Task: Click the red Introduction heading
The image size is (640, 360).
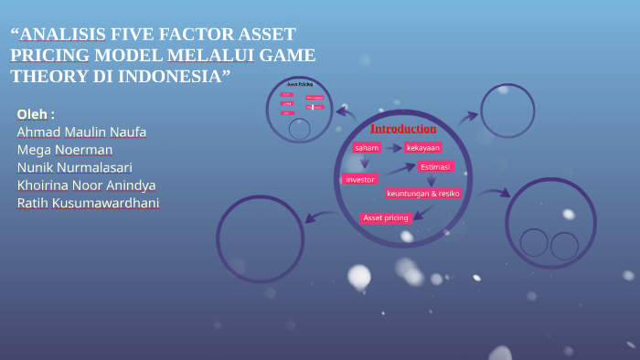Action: pyautogui.click(x=403, y=128)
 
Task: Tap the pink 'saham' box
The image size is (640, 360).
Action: pyautogui.click(x=367, y=147)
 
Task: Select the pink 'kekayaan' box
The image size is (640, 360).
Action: pyautogui.click(x=423, y=147)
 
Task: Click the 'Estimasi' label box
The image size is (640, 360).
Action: pyautogui.click(x=435, y=166)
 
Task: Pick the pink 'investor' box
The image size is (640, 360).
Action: pyautogui.click(x=360, y=179)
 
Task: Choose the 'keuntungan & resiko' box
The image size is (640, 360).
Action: pyautogui.click(x=423, y=193)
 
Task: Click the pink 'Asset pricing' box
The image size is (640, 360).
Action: pyautogui.click(x=386, y=217)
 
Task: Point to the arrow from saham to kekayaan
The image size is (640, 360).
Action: pyautogui.click(x=393, y=147)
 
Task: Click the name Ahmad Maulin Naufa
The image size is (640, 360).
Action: pyautogui.click(x=81, y=132)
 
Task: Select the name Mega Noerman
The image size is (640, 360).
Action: pyautogui.click(x=65, y=150)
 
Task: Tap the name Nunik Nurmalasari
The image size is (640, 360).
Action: pyautogui.click(x=74, y=167)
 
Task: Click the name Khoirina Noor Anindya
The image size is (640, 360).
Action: pyautogui.click(x=86, y=185)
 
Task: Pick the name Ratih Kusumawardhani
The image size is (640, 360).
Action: pyautogui.click(x=88, y=202)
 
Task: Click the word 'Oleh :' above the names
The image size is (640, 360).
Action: pyautogui.click(x=36, y=114)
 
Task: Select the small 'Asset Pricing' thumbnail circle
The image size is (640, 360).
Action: pyautogui.click(x=300, y=110)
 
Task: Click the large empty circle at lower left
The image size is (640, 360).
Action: pyautogui.click(x=260, y=238)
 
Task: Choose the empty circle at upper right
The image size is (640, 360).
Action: pyautogui.click(x=507, y=111)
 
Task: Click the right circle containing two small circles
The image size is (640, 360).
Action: pyautogui.click(x=550, y=223)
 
